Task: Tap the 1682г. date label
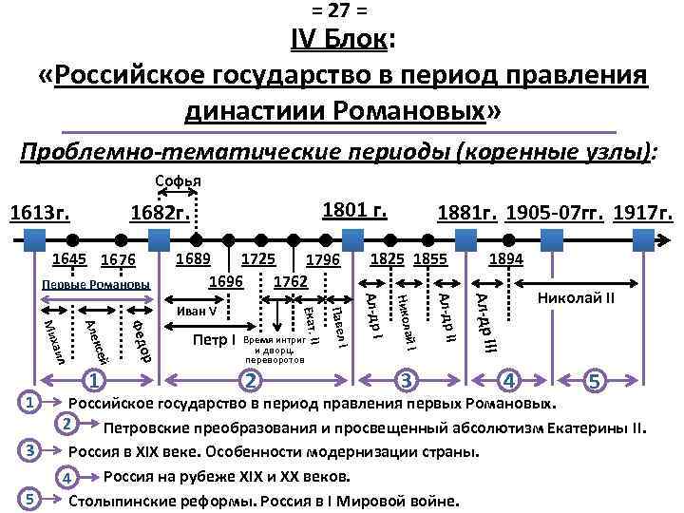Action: (160, 216)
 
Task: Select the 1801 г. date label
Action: (353, 210)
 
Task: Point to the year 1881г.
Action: (465, 216)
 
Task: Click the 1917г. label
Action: (644, 216)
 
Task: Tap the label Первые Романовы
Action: (96, 285)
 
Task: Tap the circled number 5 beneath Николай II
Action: (596, 381)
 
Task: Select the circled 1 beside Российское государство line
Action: (31, 403)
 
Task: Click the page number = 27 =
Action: (342, 10)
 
